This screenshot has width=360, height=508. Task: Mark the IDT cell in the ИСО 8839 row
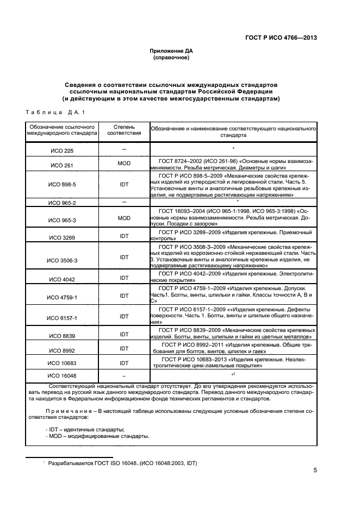pos(124,335)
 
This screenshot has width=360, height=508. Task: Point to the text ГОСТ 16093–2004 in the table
pos(184,210)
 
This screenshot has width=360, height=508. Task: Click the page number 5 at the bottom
pos(315,471)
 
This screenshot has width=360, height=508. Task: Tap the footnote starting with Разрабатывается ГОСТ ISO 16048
pos(122,463)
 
